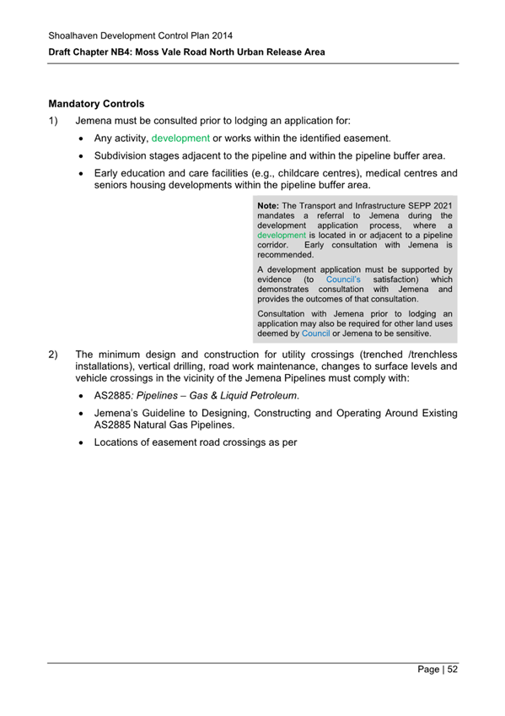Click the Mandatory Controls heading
point(96,104)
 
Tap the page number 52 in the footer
point(452,670)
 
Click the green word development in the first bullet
point(180,138)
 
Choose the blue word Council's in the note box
point(343,279)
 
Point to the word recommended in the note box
point(285,254)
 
